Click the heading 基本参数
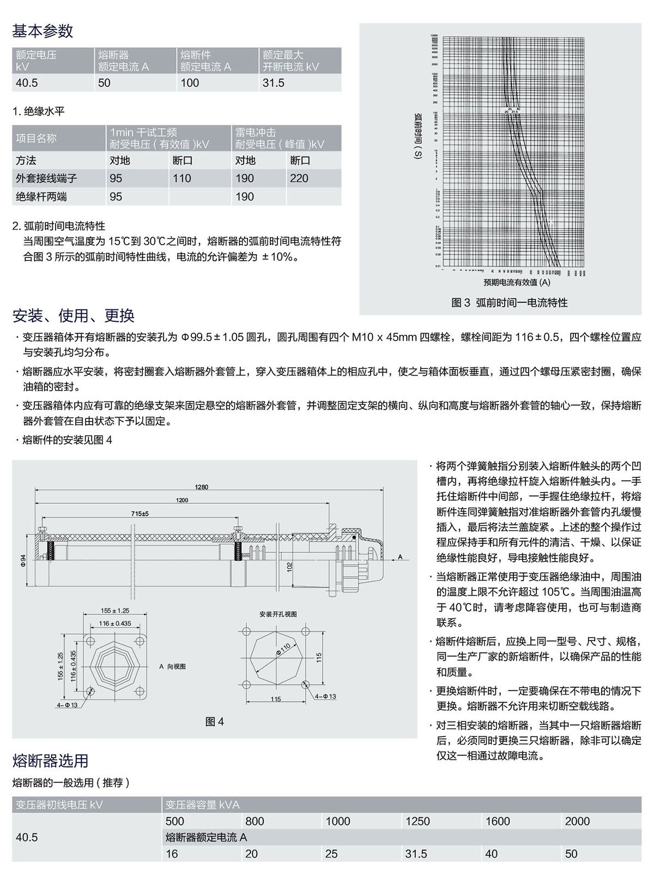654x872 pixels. coord(43,31)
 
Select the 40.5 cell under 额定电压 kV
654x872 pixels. coord(27,83)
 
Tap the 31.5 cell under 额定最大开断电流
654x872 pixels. coord(274,83)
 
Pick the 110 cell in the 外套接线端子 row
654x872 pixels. coord(182,178)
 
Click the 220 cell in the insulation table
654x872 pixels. coord(299,178)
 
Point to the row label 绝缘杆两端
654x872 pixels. coord(41,197)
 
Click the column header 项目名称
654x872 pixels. coord(36,138)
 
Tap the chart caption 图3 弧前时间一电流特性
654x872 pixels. coord(510,303)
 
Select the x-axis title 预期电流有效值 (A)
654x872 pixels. coord(517,282)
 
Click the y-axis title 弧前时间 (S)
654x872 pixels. coord(418,136)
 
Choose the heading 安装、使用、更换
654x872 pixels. coord(74,315)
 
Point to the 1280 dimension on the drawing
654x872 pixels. coord(202,487)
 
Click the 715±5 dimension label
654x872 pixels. coord(140,513)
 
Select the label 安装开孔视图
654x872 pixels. coord(278,614)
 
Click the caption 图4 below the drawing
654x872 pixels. coord(215,722)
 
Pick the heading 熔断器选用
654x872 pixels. coord(50,761)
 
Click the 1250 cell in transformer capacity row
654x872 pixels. coord(417,821)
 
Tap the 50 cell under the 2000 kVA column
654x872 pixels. coord(571,853)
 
